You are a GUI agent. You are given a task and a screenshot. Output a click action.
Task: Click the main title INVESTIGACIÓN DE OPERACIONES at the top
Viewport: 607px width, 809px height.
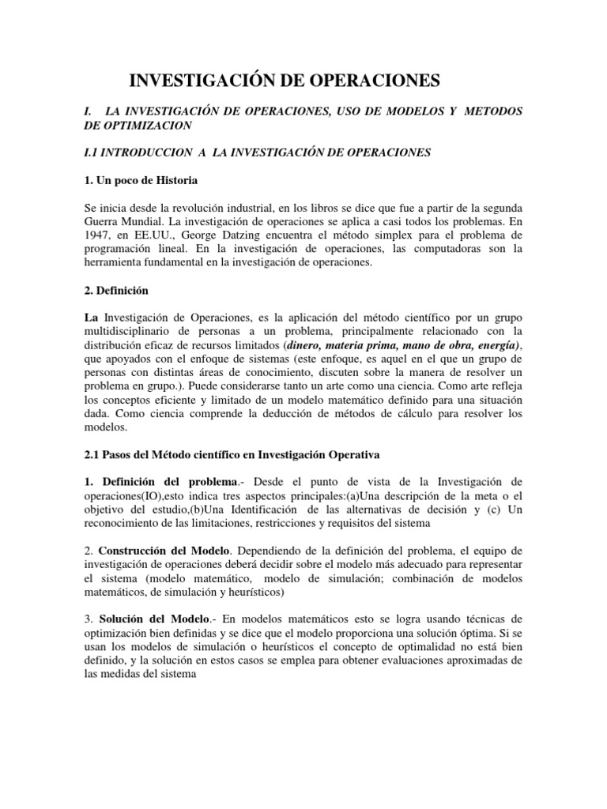click(284, 81)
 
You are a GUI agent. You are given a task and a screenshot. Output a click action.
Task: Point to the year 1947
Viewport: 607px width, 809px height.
click(98, 235)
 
